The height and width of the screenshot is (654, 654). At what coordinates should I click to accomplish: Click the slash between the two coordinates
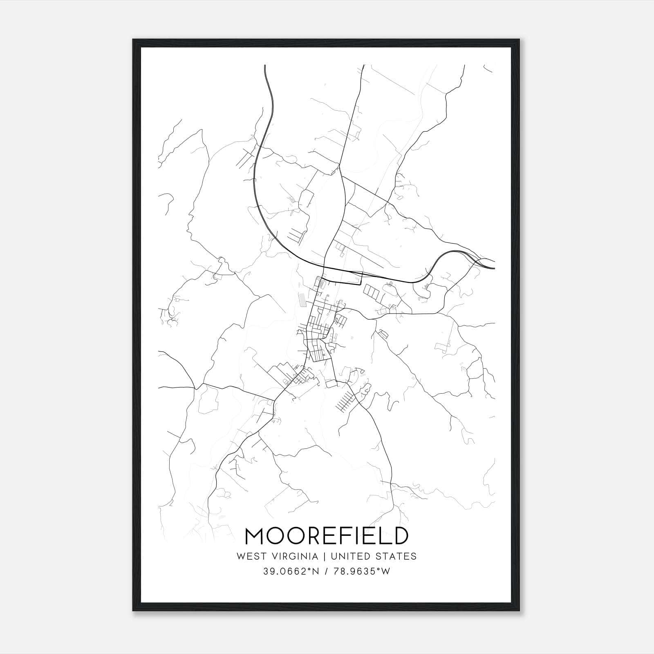pyautogui.click(x=326, y=571)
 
